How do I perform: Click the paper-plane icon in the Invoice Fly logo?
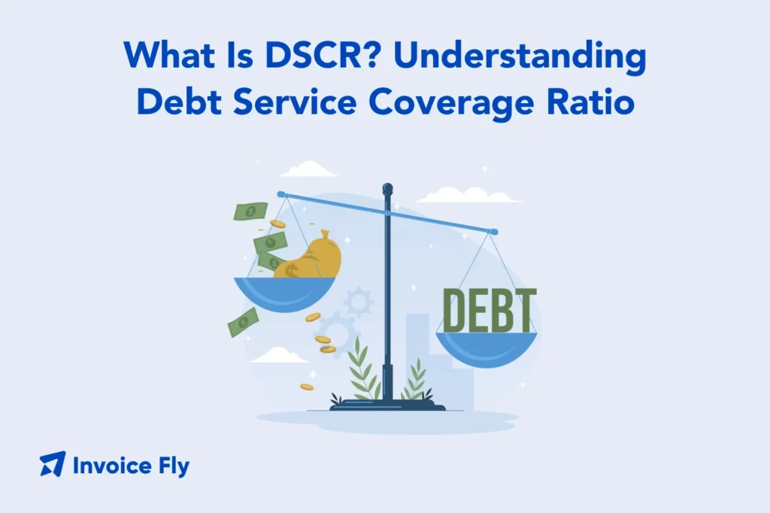point(53,464)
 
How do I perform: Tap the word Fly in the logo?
point(173,466)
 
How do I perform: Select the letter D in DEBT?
point(456,310)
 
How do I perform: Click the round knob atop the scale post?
point(387,189)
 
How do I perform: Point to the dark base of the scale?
point(387,406)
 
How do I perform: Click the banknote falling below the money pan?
point(243,322)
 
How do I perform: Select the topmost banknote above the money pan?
point(250,212)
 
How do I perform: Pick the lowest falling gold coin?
point(306,387)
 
